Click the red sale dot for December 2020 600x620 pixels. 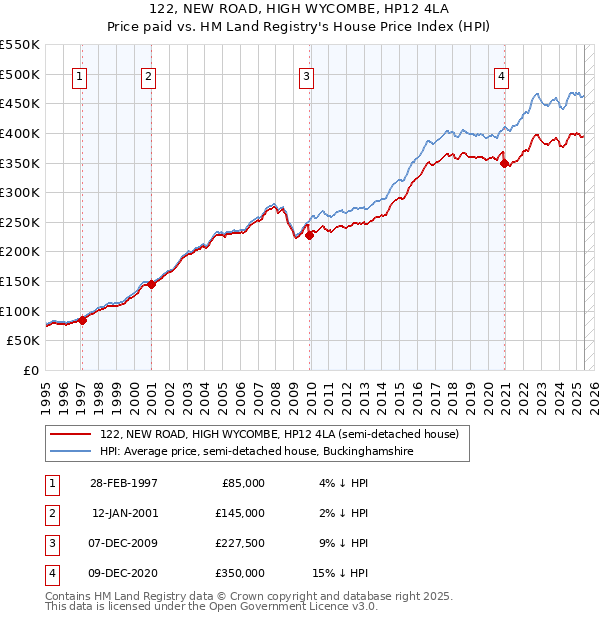coord(505,163)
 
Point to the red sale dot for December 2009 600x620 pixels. coord(310,235)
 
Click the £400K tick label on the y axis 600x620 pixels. coord(20,133)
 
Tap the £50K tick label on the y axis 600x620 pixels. coord(24,341)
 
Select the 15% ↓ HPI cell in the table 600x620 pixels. coord(340,573)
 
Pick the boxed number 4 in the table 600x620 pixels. coord(51,573)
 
